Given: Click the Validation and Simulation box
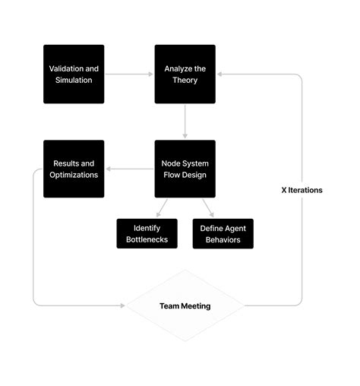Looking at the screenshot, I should pos(74,74).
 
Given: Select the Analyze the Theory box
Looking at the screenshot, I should pos(185,74).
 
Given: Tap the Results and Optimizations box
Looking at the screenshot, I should pos(74,169).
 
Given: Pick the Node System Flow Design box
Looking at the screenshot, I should pos(185,169).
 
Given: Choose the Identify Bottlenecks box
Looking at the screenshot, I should pos(147,234).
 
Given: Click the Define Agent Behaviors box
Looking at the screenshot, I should pos(223,234).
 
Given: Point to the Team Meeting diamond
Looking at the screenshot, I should pos(185,306).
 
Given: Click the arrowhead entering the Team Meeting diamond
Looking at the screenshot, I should pos(122,306).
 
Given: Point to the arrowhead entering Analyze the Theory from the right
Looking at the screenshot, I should pos(219,74).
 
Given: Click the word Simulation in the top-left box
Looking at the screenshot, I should pos(74,80).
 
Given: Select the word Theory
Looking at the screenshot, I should pos(185,80).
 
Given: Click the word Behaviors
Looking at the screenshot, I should pos(223,240).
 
